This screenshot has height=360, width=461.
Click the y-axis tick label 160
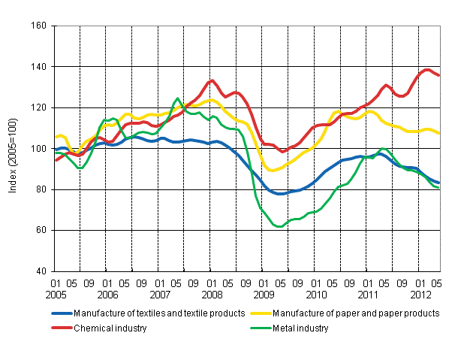pos(38,26)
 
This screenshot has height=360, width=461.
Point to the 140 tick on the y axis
pos(38,67)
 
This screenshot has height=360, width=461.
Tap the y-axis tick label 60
pos(40,231)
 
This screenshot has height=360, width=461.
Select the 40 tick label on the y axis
pos(40,271)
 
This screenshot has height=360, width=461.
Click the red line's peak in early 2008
pos(212,80)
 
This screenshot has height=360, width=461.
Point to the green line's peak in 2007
pos(177,98)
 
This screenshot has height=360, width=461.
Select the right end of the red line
pos(438,75)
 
